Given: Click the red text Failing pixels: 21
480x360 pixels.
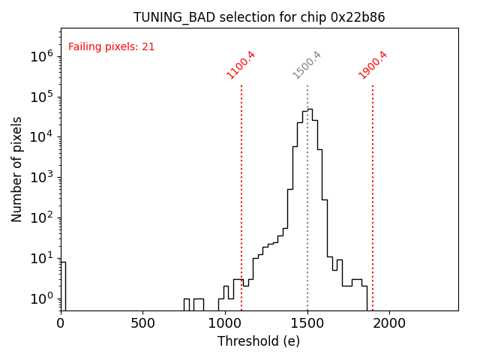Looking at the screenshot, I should coord(111,46).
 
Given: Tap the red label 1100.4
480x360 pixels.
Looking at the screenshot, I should coord(241,64).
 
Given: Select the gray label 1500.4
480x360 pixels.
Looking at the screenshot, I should coord(307,64).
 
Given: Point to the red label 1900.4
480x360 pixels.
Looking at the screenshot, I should coord(373,64).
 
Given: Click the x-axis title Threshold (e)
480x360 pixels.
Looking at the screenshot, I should coord(259,341).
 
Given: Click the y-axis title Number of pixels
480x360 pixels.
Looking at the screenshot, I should coord(17,169).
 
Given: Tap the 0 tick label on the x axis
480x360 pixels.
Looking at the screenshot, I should coord(61,323).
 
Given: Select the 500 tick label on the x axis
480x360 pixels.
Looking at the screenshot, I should coord(143,323).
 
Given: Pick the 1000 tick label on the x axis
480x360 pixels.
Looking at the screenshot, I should coord(225,323).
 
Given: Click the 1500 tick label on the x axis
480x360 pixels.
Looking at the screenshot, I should coord(307,323).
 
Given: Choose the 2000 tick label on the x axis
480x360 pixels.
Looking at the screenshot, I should coord(389,323).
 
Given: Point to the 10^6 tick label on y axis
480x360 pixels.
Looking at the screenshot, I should coord(41,56).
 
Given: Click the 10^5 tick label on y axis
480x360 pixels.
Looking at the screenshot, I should coord(41,97).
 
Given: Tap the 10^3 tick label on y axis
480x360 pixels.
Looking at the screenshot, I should coord(41,178).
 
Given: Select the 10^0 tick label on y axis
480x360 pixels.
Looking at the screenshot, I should coord(41,299).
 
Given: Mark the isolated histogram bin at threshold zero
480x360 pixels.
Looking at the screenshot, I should coord(63,285).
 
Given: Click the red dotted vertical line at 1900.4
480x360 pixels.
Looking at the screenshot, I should coord(373,195).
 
